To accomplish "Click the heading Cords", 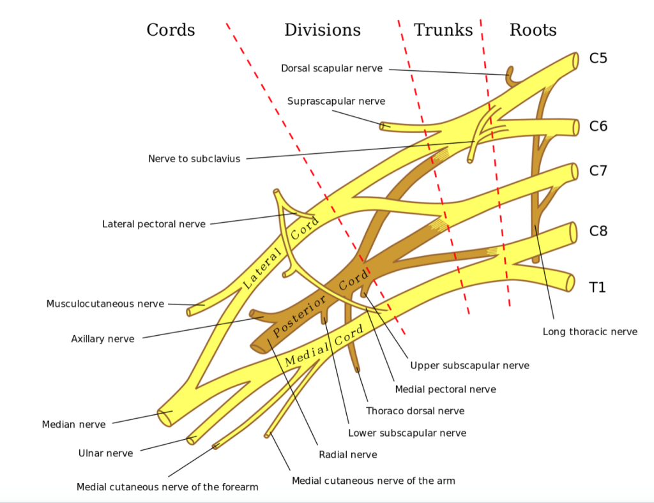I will [x=171, y=30].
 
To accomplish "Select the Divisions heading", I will [x=322, y=30].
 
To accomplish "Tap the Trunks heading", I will [x=443, y=30].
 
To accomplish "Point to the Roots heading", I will [x=533, y=30].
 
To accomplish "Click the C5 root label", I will [x=598, y=59].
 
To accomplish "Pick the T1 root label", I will [x=597, y=288].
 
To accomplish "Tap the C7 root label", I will [x=598, y=171].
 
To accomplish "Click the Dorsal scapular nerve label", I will [x=331, y=68].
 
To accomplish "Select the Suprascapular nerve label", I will [x=336, y=101].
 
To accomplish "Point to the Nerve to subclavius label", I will [x=194, y=158].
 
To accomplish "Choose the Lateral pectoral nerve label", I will [x=154, y=224].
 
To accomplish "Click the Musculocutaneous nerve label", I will [x=105, y=304].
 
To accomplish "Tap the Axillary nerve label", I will [x=103, y=339].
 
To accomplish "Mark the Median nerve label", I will [x=73, y=424].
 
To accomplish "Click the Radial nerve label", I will [x=347, y=454].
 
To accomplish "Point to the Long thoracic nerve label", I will [x=589, y=331].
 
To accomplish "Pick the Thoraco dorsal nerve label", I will [x=415, y=411].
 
